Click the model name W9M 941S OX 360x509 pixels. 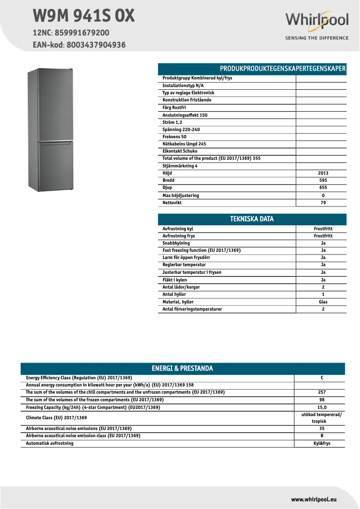tap(83, 16)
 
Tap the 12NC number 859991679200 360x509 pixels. tap(82, 33)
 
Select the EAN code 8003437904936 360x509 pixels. tap(96, 45)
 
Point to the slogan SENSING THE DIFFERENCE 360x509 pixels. tap(317, 38)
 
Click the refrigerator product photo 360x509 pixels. tap(50, 130)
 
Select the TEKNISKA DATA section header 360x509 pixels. tap(252, 219)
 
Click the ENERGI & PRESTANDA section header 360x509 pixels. tap(182, 369)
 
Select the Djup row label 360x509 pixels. tap(167, 188)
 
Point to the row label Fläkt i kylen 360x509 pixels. tap(175, 280)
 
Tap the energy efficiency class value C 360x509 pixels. tap(322, 378)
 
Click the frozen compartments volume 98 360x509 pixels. tap(322, 399)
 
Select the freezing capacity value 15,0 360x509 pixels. tap(322, 407)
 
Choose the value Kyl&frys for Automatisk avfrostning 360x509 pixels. tap(322, 443)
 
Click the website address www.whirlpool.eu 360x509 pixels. tap(314, 499)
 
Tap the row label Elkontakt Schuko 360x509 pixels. tap(180, 151)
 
